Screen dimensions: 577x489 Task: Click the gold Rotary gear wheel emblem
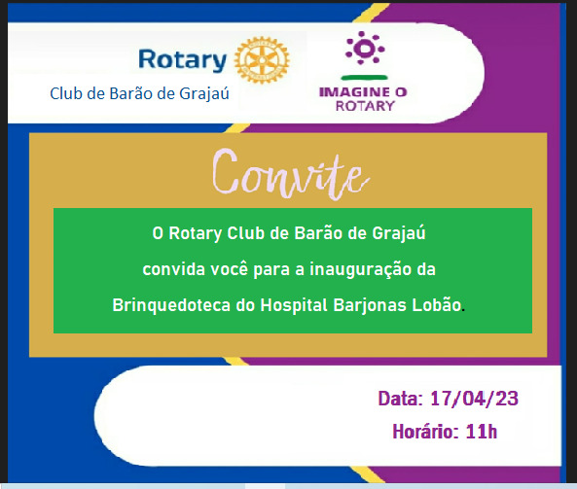[x=262, y=59]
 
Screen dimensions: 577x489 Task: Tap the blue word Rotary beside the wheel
[x=183, y=60]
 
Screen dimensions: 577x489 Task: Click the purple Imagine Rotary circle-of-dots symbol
[x=364, y=48]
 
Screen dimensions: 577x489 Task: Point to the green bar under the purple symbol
[x=364, y=77]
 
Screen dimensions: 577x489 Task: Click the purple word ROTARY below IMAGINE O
[x=365, y=106]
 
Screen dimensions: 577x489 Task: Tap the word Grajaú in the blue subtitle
[x=204, y=93]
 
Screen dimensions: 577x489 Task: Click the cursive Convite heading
[x=291, y=174]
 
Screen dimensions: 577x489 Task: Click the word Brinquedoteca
[x=171, y=305]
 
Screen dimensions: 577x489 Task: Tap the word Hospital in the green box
[x=294, y=305]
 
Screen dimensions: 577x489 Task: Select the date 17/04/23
[x=474, y=399]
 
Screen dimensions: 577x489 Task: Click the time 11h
[x=482, y=432]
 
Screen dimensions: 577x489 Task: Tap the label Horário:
[x=426, y=432]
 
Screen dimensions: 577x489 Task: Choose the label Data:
[x=401, y=399]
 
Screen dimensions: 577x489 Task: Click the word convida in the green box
[x=174, y=269]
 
